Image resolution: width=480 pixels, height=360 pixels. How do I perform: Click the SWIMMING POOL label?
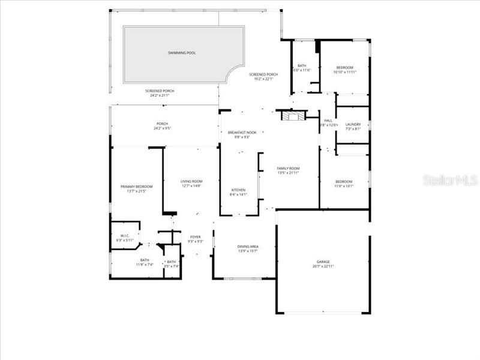pos(181,53)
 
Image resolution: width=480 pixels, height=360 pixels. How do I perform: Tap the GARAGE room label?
pos(323,262)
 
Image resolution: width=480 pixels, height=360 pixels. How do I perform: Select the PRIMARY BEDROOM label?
pos(136,187)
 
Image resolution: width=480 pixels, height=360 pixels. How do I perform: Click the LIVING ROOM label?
pos(191,181)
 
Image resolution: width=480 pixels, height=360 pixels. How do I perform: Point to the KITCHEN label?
pos(238,190)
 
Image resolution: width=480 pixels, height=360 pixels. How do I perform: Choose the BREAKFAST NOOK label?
pos(242,132)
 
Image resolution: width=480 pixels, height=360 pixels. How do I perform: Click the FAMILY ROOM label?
pos(288,168)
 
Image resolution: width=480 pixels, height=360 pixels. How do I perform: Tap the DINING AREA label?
pos(248,247)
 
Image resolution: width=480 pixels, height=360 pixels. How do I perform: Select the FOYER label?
pos(196,237)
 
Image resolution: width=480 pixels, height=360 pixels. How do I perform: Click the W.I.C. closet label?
pos(125,236)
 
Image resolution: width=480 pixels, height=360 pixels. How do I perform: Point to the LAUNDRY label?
pos(353,124)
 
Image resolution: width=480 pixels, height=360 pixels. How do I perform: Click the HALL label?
pos(328,120)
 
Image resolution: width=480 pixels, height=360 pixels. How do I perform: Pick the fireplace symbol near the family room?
pos(294,116)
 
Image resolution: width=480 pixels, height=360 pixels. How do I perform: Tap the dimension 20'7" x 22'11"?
pos(323,266)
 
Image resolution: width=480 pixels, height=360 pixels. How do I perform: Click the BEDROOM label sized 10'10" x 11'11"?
pos(344,67)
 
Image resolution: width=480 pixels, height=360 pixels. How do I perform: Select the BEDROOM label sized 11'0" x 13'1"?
pos(344,181)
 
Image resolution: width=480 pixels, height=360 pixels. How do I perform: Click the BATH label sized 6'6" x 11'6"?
pos(302,66)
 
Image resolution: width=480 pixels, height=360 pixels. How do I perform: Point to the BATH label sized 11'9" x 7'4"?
pos(145,260)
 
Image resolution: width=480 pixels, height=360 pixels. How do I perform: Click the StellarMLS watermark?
pos(450,180)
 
